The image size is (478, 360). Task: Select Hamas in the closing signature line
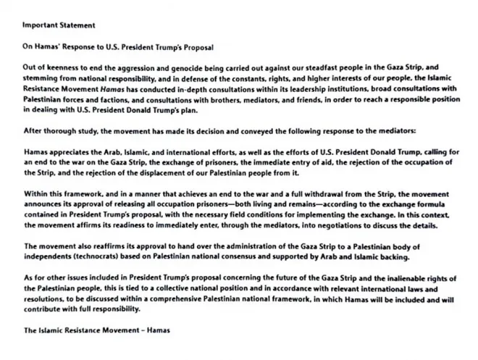coord(157,330)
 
